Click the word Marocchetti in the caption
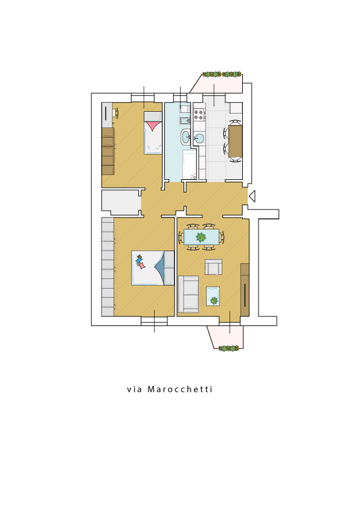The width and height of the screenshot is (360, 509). tap(180, 389)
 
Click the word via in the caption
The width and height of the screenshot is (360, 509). tap(134, 389)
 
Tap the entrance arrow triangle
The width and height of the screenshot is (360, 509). tap(252, 196)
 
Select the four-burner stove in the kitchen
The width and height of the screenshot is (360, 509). tap(199, 114)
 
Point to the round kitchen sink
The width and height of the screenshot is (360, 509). tap(199, 138)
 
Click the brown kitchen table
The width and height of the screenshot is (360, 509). tap(236, 141)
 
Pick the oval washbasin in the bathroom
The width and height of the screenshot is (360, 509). tap(186, 136)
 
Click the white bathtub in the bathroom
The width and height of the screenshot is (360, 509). tap(190, 165)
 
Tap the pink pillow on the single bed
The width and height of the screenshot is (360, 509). tap(153, 126)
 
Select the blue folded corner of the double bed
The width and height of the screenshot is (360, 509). tap(160, 267)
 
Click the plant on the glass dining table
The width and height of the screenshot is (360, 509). tap(201, 237)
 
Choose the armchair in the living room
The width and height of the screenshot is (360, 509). tap(214, 267)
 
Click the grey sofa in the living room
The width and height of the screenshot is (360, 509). tap(188, 295)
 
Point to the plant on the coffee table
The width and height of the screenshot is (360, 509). tap(214, 301)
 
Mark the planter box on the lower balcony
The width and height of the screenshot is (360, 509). tap(229, 348)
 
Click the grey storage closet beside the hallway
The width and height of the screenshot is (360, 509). tap(121, 202)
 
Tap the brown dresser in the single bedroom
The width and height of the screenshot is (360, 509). tap(108, 152)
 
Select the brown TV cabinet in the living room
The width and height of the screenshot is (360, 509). tap(245, 290)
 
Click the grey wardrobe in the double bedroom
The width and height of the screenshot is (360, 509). tap(108, 267)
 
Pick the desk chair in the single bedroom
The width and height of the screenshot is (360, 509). tap(115, 113)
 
